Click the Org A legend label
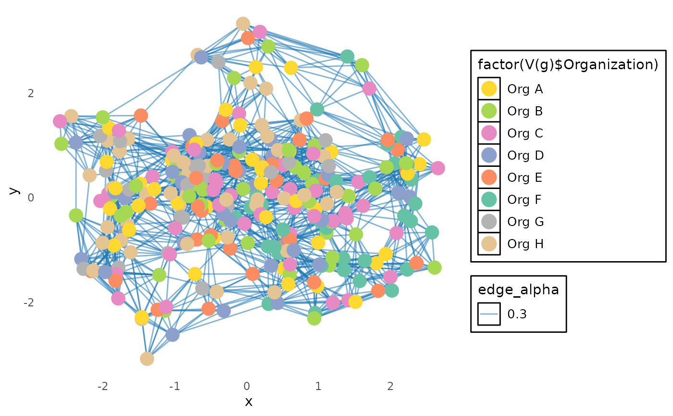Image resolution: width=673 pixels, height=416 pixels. coord(525,89)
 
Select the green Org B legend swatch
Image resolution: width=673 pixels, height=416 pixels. coord(489,111)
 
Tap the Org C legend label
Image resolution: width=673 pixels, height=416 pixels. coord(525,133)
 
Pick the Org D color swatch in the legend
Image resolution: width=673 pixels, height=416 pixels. coord(489,155)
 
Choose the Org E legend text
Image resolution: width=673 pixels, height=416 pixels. coord(524,177)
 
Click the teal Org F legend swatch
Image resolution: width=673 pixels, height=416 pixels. coord(489,200)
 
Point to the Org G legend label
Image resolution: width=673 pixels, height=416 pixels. coord(525,222)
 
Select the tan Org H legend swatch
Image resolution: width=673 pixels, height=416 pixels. coord(489,244)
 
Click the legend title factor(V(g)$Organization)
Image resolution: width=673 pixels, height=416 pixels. coord(568,64)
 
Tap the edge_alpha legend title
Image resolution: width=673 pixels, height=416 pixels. coord(518,290)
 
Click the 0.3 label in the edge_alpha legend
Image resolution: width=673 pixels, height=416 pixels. coord(517,315)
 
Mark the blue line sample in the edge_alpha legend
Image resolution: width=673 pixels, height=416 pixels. coord(489,315)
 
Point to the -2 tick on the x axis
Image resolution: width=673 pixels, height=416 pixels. coord(102,386)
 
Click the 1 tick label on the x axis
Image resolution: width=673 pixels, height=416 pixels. coord(318,386)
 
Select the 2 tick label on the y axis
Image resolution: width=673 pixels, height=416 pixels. coord(31,93)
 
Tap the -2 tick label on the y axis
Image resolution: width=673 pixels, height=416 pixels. coord(29,303)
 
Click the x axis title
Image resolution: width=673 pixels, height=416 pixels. coord(248,402)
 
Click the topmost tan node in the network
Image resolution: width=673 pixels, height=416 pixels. coord(243,24)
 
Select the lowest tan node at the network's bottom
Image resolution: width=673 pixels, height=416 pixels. coord(147,358)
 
